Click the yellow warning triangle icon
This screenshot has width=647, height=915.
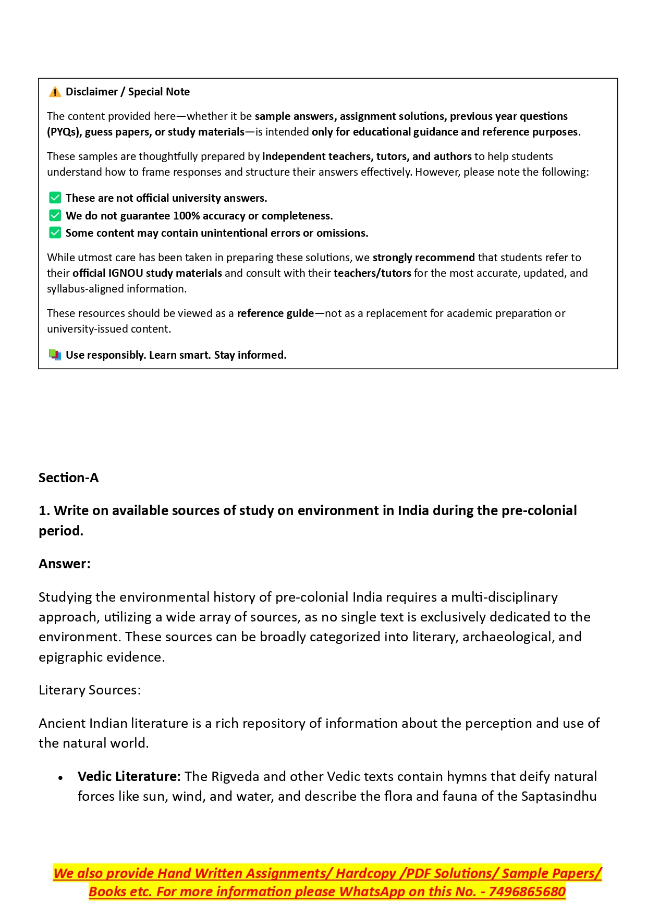[x=55, y=92]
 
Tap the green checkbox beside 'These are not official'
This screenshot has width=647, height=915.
[x=55, y=198]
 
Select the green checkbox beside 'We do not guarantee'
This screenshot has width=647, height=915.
[x=55, y=216]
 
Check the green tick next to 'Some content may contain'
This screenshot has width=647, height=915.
[x=55, y=233]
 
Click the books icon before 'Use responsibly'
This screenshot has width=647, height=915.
[x=55, y=355]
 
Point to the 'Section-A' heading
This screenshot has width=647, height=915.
[x=68, y=478]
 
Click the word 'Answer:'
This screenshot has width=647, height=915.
[x=65, y=564]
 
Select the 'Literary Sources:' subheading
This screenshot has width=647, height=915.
[x=90, y=690]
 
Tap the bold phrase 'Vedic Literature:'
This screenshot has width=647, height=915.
[x=129, y=776]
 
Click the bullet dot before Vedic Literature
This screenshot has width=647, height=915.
[x=61, y=778]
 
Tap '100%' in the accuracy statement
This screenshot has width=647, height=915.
[x=186, y=216]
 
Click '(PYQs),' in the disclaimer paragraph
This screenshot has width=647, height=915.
[x=64, y=132]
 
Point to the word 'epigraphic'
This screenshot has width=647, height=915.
[x=69, y=657]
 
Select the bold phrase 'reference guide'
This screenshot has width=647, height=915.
[x=275, y=313]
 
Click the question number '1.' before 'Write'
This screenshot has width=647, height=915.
[x=44, y=510]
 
